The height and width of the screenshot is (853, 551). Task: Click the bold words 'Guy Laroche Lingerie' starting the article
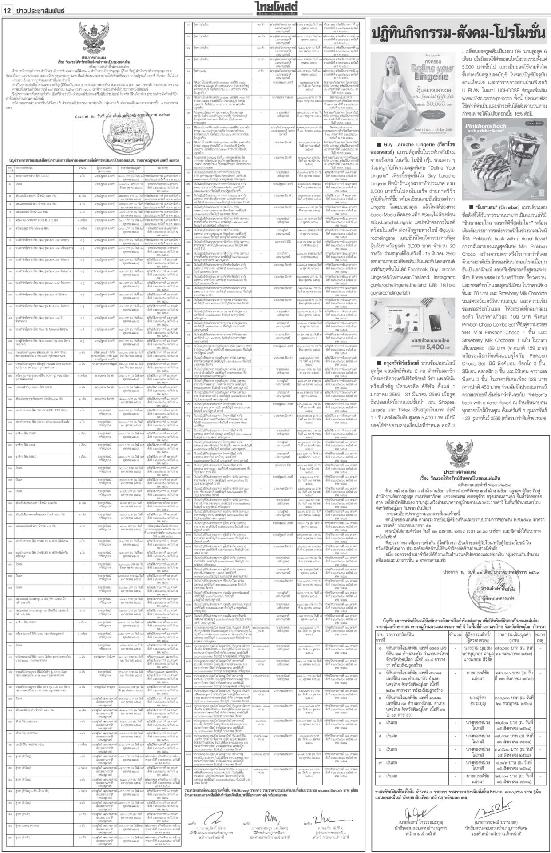412,144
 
